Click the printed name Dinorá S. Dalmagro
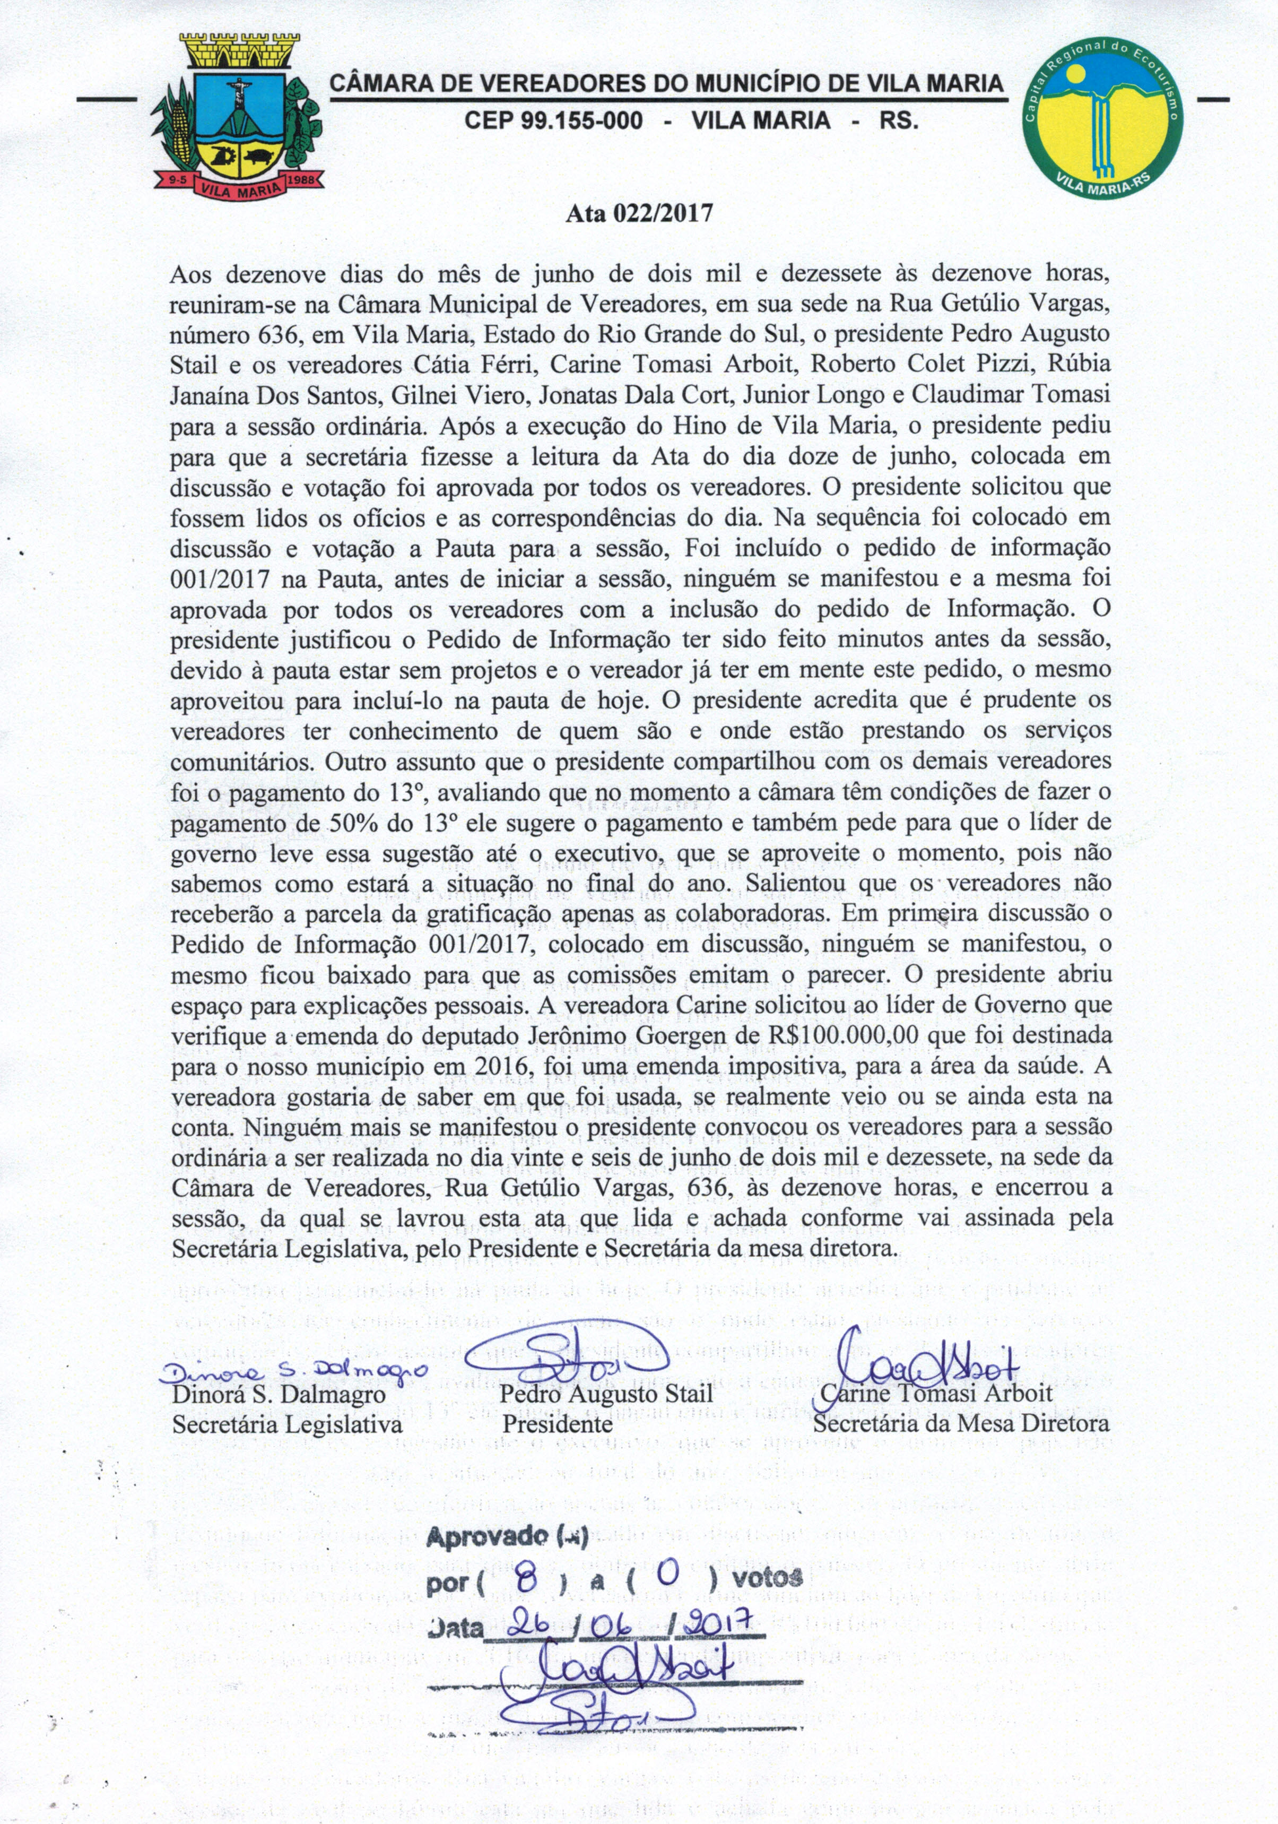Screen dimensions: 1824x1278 279,1394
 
